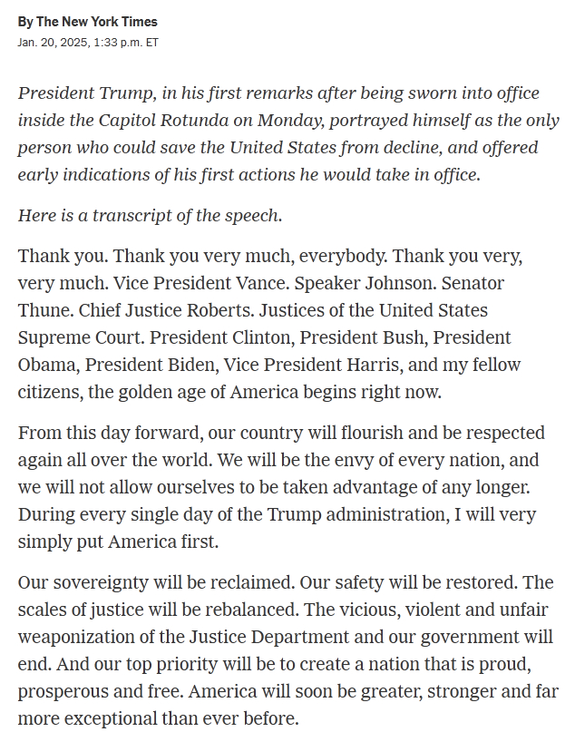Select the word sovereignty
tap(98, 582)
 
